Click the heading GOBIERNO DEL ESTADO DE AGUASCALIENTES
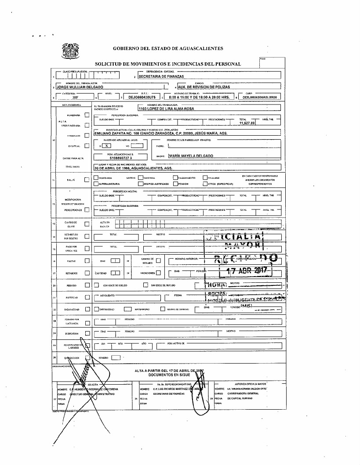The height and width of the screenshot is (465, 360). [168, 48]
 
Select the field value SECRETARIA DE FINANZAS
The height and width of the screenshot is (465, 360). [160, 76]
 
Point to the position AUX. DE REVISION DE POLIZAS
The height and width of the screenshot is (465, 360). [204, 87]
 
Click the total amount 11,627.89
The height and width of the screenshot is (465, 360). [247, 123]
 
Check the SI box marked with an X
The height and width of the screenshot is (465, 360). [107, 145]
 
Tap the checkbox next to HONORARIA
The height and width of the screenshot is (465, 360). [86, 115]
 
